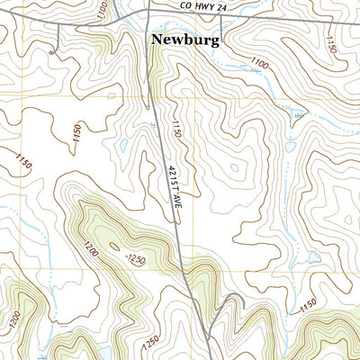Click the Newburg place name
185,40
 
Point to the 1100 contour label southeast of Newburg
260,64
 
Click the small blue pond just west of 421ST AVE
122,144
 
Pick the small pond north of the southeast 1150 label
314,258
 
